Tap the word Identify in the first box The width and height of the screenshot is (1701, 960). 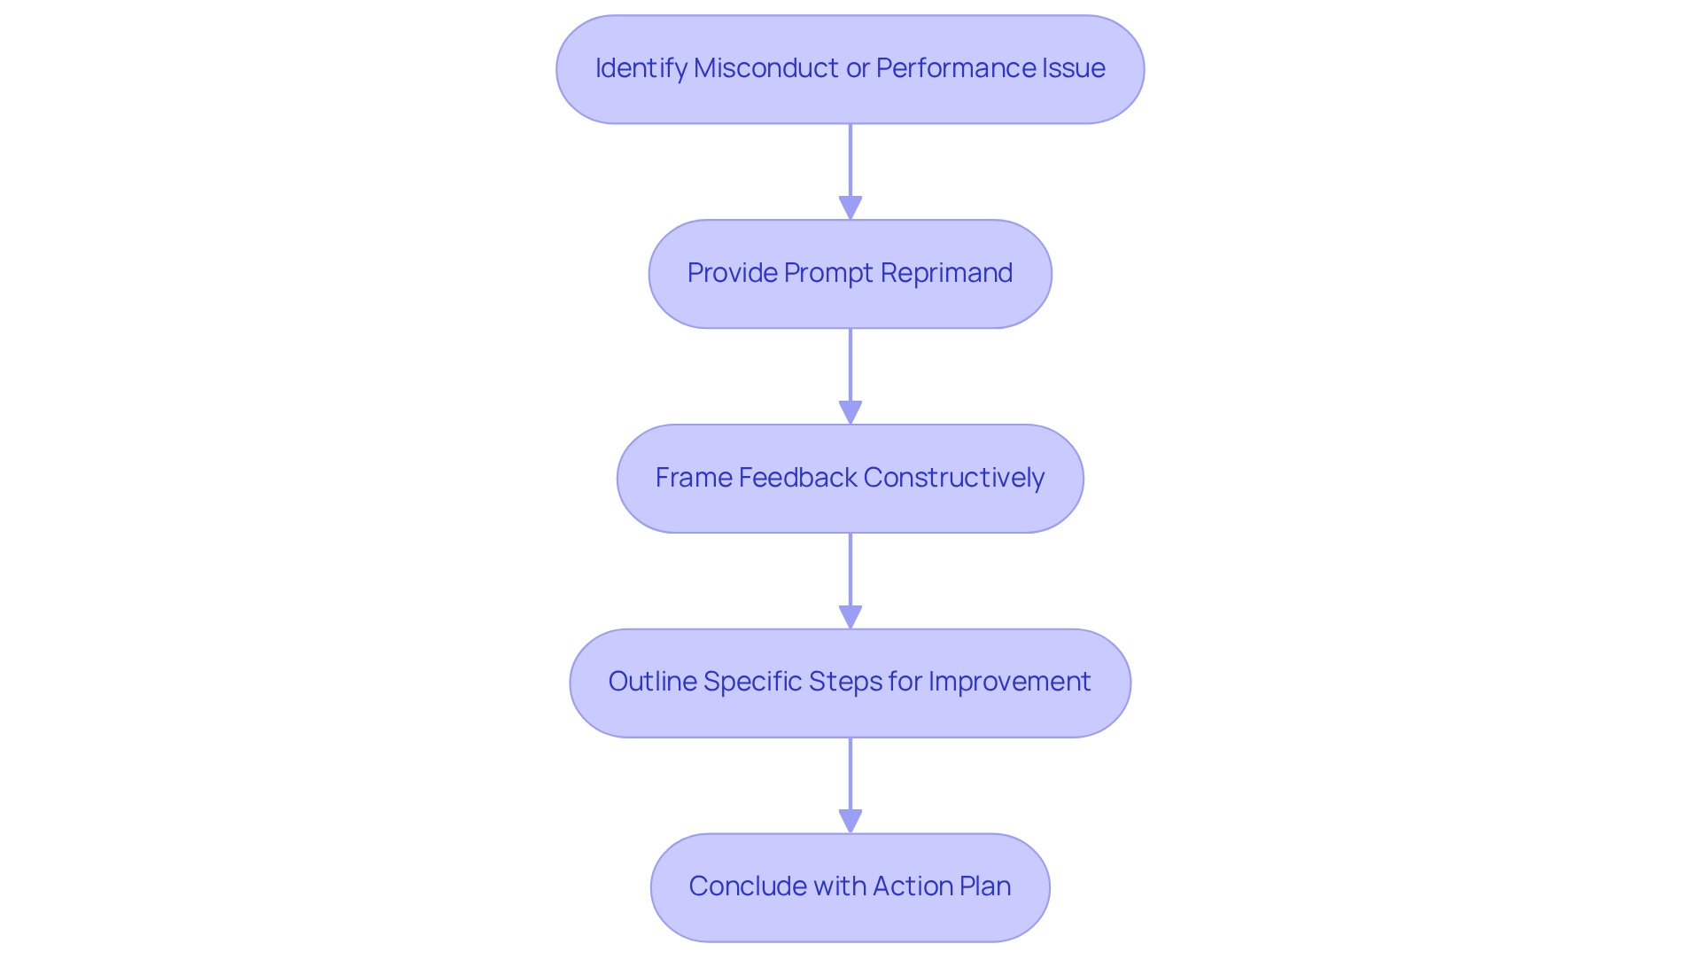[x=641, y=68]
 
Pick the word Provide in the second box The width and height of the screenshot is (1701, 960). [x=732, y=273]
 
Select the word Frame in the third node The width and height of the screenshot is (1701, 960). [x=694, y=478]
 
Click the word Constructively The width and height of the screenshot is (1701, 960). [x=954, y=478]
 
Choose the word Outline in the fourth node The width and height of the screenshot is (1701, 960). [x=652, y=682]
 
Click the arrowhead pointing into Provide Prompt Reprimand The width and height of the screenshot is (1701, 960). [x=850, y=208]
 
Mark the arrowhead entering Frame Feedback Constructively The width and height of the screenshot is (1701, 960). [x=850, y=413]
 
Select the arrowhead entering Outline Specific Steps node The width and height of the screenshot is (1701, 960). [x=850, y=618]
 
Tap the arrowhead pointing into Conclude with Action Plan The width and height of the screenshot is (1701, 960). [x=850, y=822]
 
